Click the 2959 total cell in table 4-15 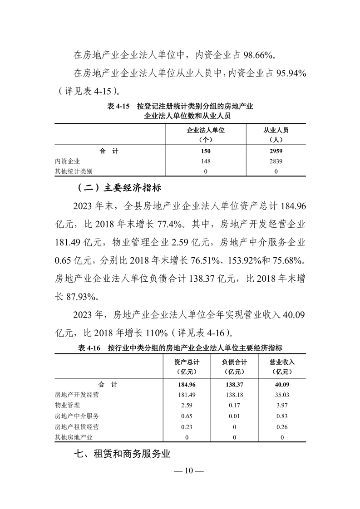click(x=276, y=151)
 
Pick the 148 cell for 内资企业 click(x=206, y=161)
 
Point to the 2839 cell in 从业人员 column click(x=276, y=161)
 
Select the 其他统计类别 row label click(x=74, y=171)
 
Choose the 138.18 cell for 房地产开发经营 click(x=234, y=394)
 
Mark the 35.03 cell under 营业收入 click(x=282, y=394)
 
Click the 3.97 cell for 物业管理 click(x=282, y=405)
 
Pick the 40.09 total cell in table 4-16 click(x=282, y=384)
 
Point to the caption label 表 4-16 click(x=89, y=348)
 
